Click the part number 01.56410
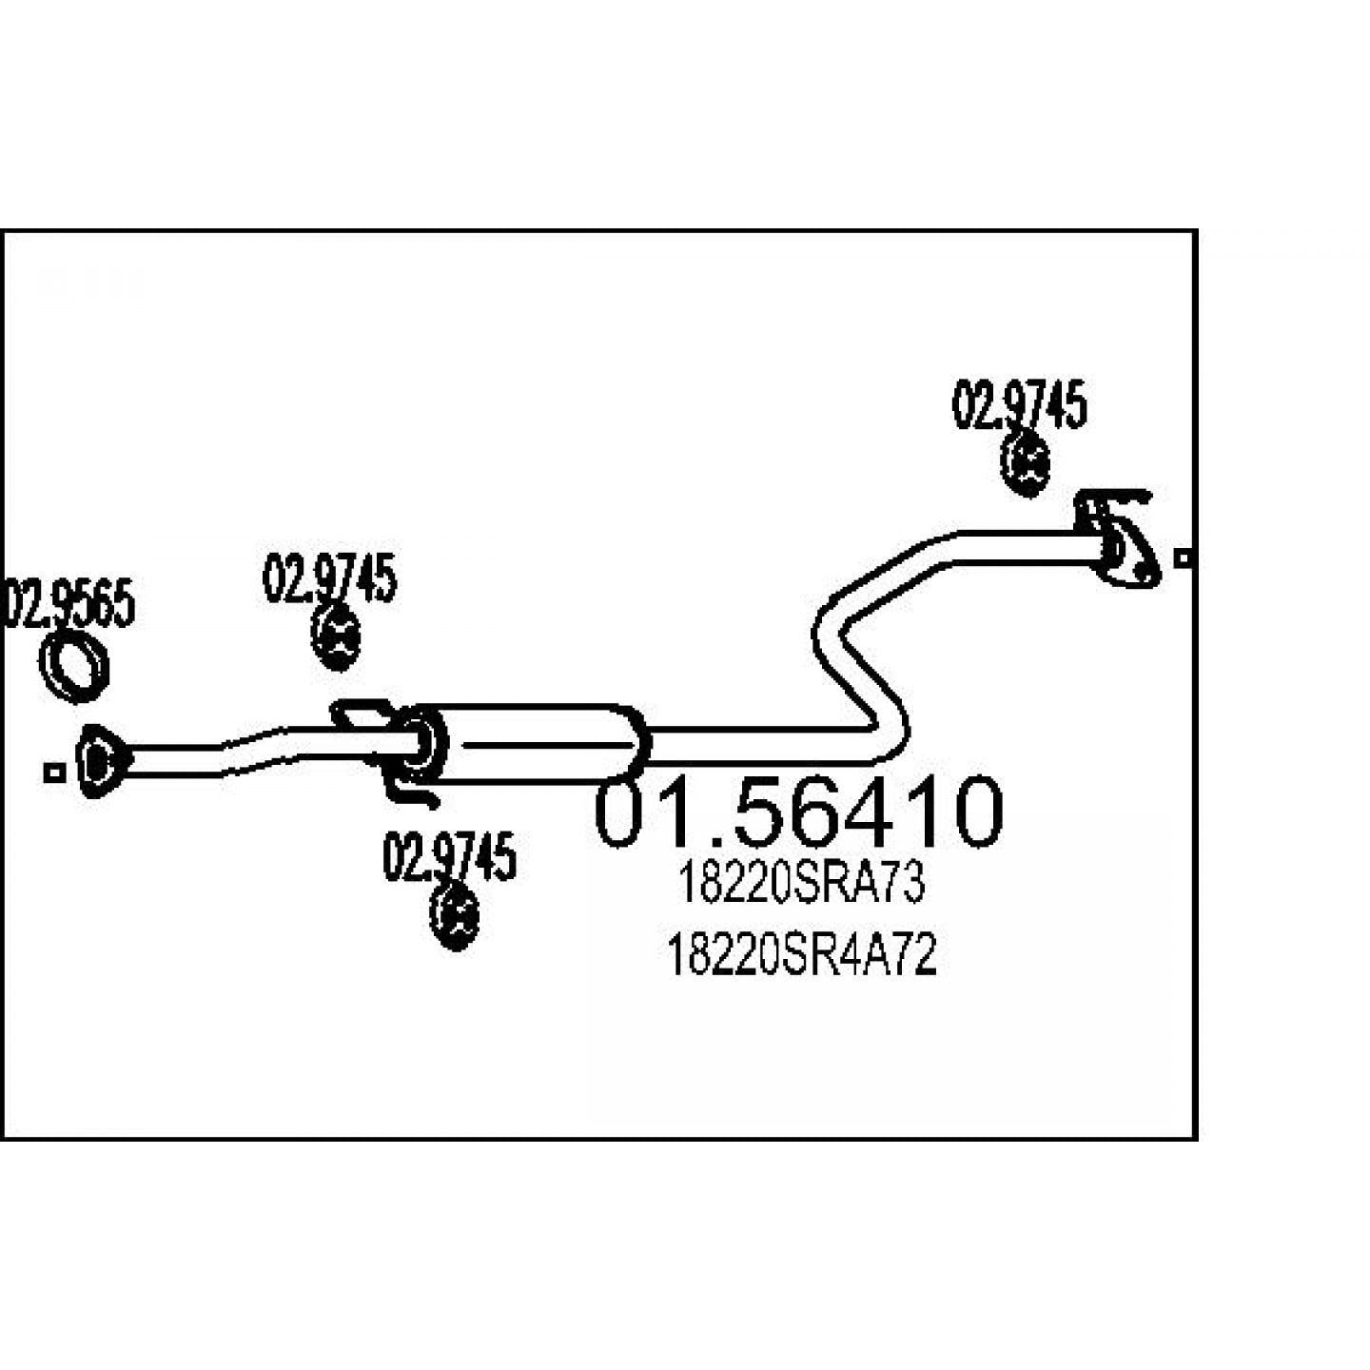click(x=798, y=812)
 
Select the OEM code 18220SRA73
click(x=801, y=884)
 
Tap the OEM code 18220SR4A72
click(x=801, y=955)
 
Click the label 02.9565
click(x=68, y=603)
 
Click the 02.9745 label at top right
click(x=1019, y=405)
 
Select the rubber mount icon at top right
click(x=1026, y=465)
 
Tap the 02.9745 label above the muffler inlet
click(x=329, y=577)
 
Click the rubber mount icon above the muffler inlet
click(x=336, y=638)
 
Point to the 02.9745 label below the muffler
click(x=449, y=856)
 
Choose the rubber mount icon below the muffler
click(x=455, y=917)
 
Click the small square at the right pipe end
click(x=1183, y=558)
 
